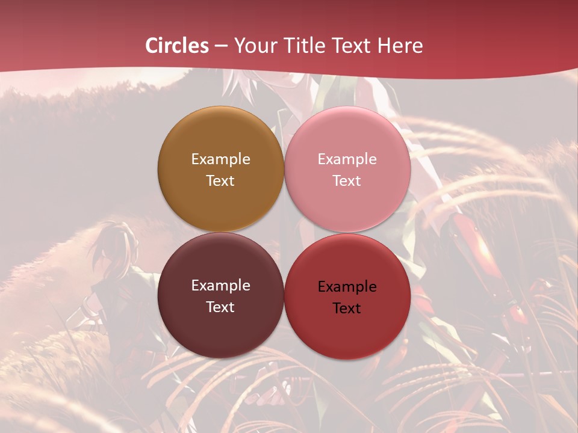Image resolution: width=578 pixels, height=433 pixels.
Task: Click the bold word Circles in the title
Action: click(177, 46)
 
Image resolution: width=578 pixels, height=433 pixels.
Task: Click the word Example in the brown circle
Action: click(220, 159)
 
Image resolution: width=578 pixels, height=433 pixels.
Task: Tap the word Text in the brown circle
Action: click(220, 181)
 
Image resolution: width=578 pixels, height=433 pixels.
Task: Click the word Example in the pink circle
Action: click(347, 159)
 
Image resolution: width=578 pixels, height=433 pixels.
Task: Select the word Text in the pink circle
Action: click(347, 181)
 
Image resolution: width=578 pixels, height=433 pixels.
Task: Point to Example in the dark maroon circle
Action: click(220, 286)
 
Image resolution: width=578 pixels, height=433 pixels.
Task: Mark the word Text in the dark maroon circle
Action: click(220, 307)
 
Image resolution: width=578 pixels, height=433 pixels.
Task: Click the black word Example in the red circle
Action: click(347, 287)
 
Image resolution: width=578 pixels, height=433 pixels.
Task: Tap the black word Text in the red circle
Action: click(347, 309)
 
